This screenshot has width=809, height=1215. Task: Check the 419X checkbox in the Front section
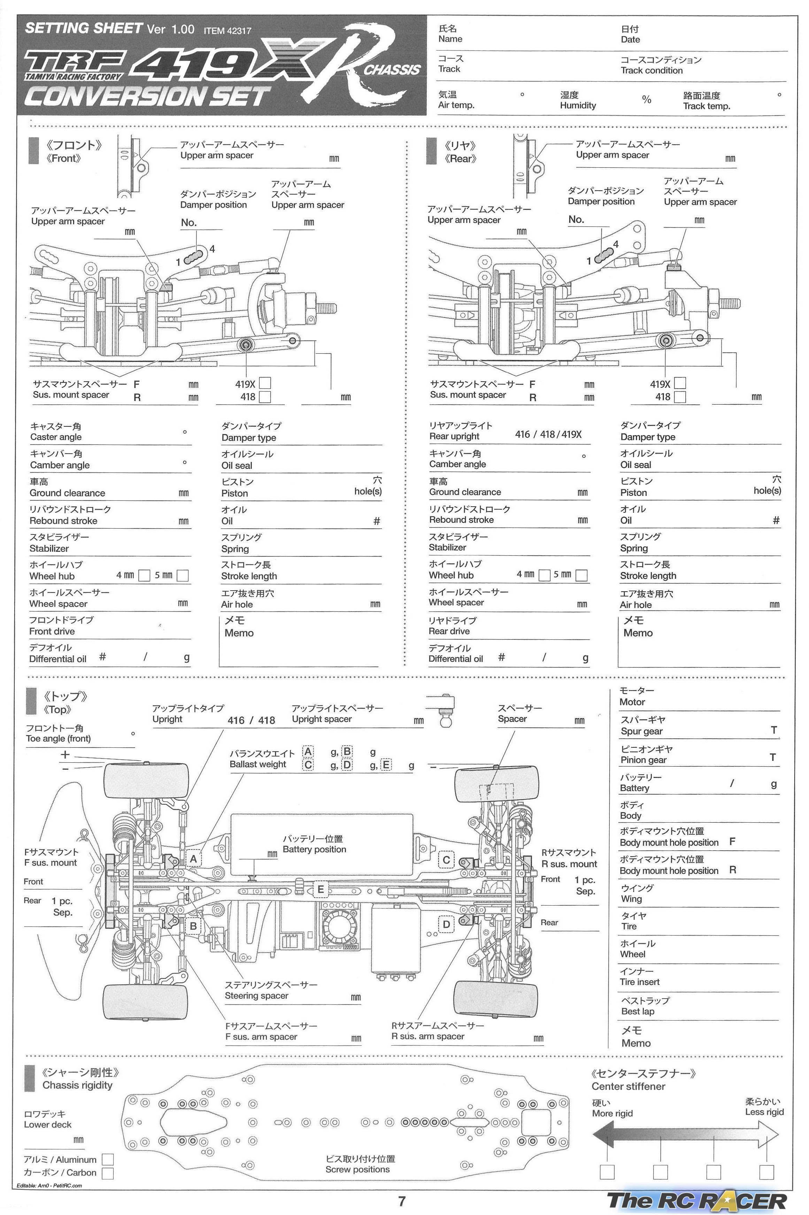click(x=265, y=383)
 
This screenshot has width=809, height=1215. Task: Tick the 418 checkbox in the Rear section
click(x=680, y=397)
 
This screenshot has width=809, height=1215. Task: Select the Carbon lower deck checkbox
click(x=108, y=1173)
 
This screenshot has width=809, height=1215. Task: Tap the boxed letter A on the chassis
click(x=193, y=859)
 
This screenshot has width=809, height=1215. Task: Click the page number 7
click(x=402, y=1201)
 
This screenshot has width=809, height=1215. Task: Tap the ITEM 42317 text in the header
click(x=227, y=31)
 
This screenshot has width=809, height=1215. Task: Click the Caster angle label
click(x=56, y=437)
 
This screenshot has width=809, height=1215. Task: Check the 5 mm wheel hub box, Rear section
click(x=581, y=575)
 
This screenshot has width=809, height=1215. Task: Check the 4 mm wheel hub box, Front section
click(x=145, y=575)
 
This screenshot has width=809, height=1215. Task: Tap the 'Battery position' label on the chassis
click(x=314, y=849)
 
